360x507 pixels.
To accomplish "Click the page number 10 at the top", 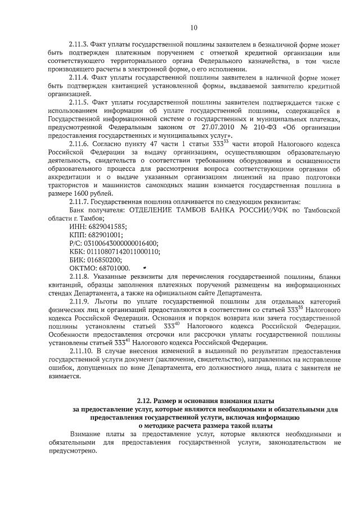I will [194, 28].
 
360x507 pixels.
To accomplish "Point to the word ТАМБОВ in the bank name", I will [209, 210].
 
